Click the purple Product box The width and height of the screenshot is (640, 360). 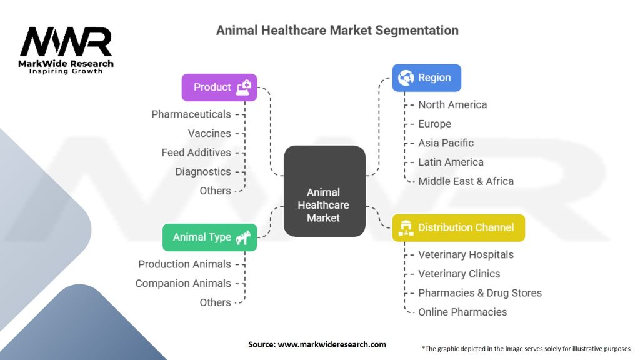click(219, 87)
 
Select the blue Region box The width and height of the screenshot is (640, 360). click(426, 77)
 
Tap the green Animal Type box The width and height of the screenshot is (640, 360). click(210, 237)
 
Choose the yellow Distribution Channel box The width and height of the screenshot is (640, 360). click(458, 227)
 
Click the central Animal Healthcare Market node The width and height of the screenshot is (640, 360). click(324, 191)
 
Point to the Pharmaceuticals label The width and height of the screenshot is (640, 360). click(191, 114)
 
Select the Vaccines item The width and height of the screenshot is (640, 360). click(209, 134)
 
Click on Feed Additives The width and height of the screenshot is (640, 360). click(196, 152)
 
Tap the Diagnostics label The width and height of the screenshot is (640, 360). click(203, 172)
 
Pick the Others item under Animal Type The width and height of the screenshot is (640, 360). click(215, 302)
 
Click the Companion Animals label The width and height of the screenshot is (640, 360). click(183, 283)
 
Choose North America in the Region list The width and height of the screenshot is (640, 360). click(452, 105)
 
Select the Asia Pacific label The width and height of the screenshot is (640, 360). click(446, 143)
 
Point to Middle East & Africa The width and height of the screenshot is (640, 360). click(466, 181)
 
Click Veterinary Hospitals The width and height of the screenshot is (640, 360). click(466, 255)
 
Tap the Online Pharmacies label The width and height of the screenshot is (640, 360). click(462, 312)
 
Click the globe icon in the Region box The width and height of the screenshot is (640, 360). click(406, 77)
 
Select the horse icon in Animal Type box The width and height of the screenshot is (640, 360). click(243, 237)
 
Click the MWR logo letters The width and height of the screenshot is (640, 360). click(66, 42)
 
